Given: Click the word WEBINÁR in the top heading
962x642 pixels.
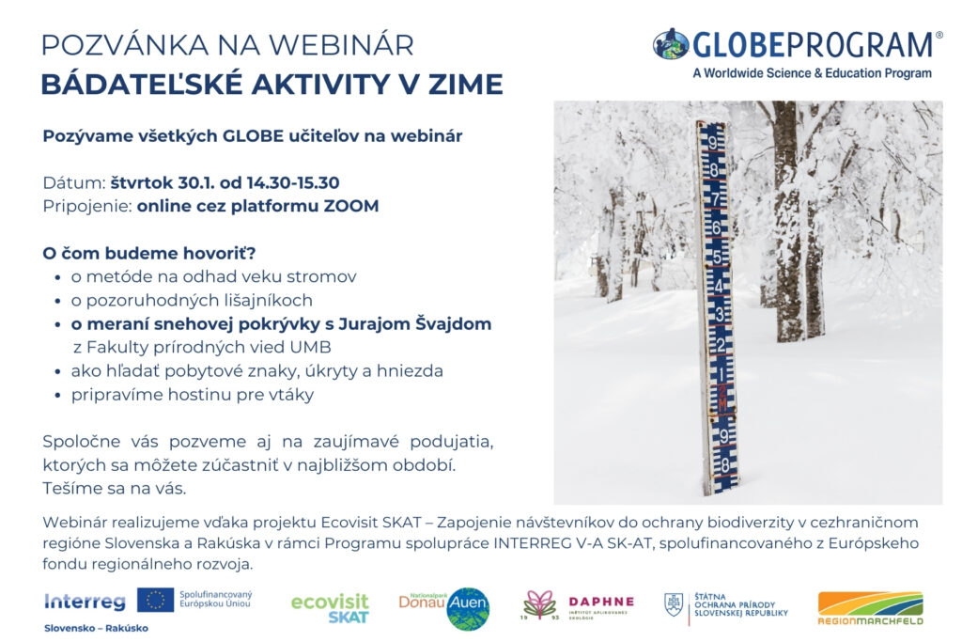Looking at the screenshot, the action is [x=341, y=45].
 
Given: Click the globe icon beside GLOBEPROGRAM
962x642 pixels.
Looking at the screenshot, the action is [x=671, y=44].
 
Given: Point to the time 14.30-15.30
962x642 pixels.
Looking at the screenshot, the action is [x=293, y=183].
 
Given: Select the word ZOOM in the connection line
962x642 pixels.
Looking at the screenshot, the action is [x=351, y=206].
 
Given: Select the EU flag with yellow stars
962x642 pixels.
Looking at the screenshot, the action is [x=155, y=600].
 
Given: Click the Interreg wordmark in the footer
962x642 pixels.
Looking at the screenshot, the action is [x=85, y=603].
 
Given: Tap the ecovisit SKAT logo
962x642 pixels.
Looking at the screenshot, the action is [x=330, y=608].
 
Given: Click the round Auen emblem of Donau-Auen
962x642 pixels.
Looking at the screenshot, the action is [x=469, y=608].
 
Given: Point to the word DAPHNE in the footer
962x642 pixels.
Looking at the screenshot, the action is [x=601, y=602].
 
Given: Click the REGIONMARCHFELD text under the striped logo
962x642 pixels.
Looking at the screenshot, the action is [x=870, y=621].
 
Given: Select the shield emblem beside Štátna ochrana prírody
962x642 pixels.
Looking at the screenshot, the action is [x=674, y=604].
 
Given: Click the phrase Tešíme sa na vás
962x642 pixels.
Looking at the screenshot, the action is [x=115, y=489].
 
